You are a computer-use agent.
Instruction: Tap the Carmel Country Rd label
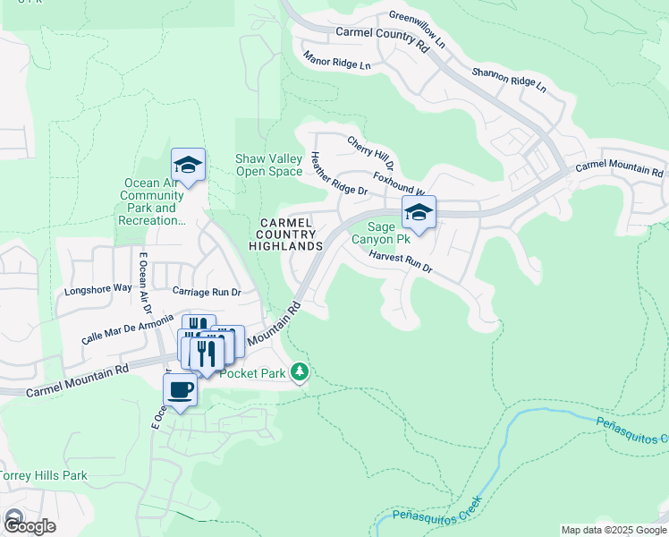pyautogui.click(x=383, y=38)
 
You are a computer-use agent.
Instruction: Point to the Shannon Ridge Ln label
pyautogui.click(x=508, y=80)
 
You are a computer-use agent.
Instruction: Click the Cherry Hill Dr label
pyautogui.click(x=370, y=153)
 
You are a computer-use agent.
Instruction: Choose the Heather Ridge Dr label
pyautogui.click(x=339, y=174)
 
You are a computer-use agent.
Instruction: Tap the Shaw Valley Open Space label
pyautogui.click(x=268, y=166)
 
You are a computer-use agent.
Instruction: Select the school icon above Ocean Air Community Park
pyautogui.click(x=189, y=165)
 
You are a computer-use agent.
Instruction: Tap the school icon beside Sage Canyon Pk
pyautogui.click(x=419, y=212)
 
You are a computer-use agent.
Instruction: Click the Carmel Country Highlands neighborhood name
pyautogui.click(x=285, y=234)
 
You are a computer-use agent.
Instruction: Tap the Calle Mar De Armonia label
pyautogui.click(x=127, y=327)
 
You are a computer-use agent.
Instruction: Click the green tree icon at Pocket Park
pyautogui.click(x=301, y=371)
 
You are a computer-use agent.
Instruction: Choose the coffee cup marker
pyautogui.click(x=180, y=390)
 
